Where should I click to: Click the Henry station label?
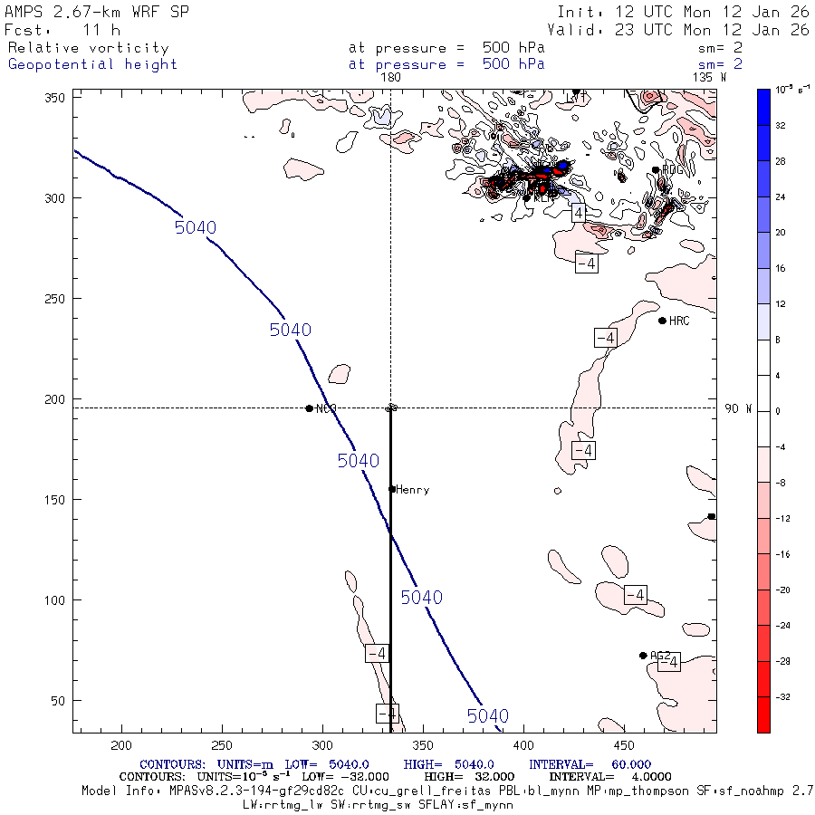[x=412, y=490]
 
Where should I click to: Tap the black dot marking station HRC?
[x=662, y=321]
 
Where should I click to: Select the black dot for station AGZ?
[x=643, y=656]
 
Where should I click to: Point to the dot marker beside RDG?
[x=656, y=169]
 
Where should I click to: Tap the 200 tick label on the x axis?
[x=121, y=744]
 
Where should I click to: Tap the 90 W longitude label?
[x=738, y=408]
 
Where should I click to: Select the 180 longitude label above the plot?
[x=390, y=78]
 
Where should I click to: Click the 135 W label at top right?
[x=708, y=78]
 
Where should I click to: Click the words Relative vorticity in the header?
[x=88, y=48]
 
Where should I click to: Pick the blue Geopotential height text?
[x=92, y=64]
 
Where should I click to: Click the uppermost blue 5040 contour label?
[x=195, y=227]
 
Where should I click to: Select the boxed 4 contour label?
[x=579, y=213]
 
